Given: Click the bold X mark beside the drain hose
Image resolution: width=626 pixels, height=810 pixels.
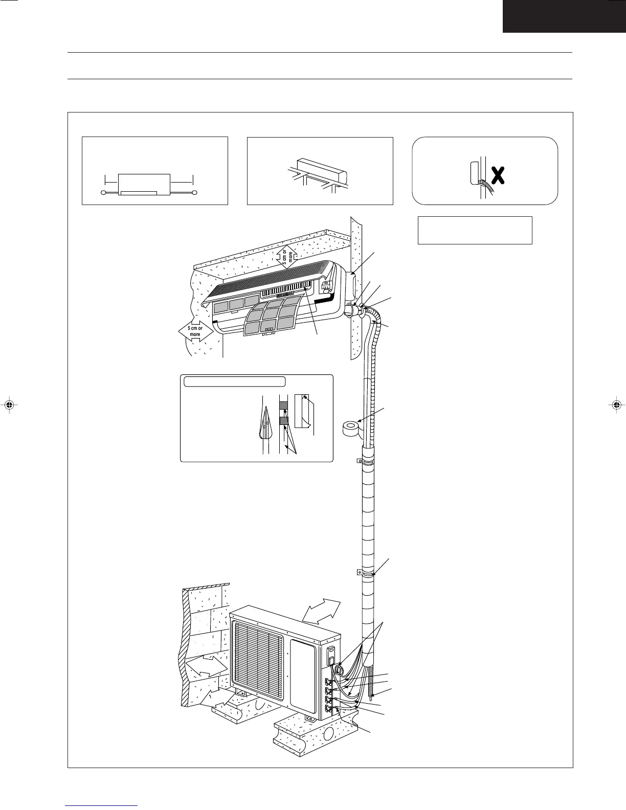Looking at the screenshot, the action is click(499, 175).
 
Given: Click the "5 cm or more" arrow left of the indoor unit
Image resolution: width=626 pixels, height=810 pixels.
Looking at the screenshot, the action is click(195, 331).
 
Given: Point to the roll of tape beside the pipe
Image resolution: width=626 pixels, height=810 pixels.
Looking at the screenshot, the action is click(351, 427).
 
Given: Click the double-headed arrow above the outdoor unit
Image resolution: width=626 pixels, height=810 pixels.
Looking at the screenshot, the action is click(321, 611).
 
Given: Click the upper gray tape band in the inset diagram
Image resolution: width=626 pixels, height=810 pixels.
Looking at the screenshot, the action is click(284, 406).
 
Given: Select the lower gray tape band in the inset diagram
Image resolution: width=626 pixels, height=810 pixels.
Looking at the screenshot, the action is click(284, 421).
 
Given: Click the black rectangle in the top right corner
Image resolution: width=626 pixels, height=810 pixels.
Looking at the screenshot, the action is click(564, 16).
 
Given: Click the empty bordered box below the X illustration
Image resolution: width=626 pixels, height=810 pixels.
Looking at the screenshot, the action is click(475, 230).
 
